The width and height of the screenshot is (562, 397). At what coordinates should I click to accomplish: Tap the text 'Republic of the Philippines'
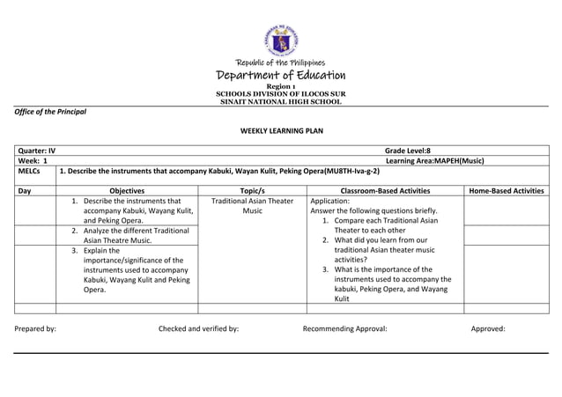coord(281,62)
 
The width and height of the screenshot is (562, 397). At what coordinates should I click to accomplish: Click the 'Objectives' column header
coord(127,190)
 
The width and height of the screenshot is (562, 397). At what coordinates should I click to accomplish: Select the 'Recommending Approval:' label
coord(344,328)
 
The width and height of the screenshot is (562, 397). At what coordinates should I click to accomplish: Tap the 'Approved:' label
coord(488,328)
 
